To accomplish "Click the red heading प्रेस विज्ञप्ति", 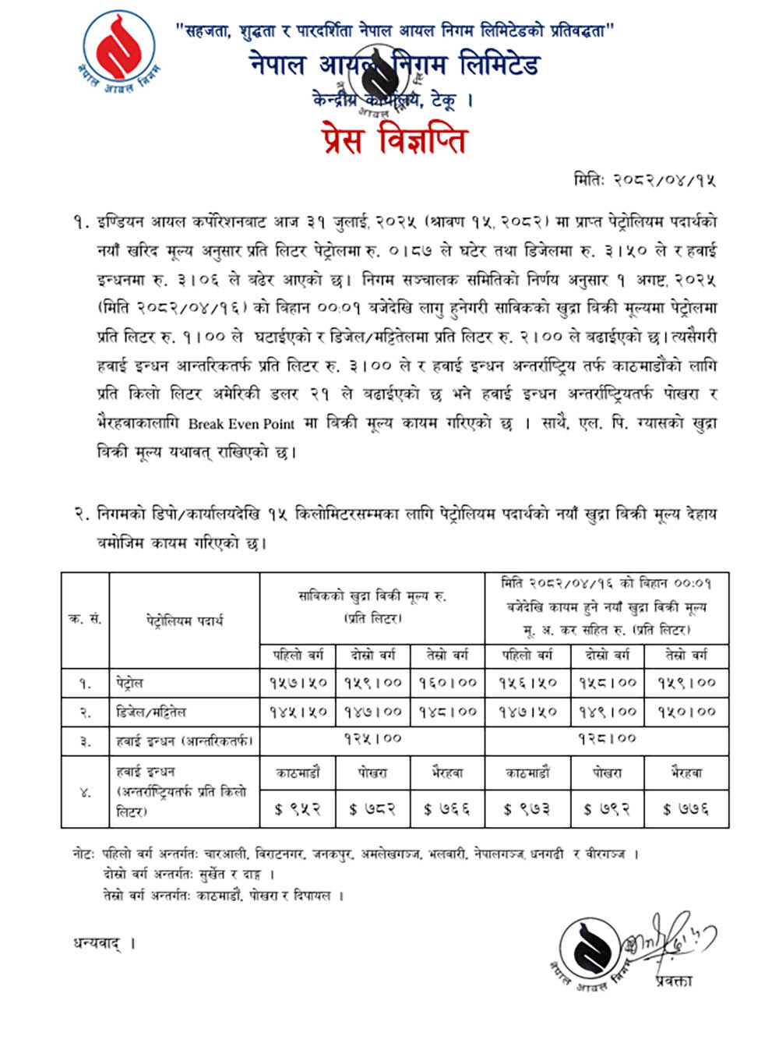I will click(x=393, y=140).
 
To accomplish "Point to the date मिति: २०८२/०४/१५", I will click(x=643, y=181).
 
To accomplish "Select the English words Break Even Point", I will click(x=241, y=424).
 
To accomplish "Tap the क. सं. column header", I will click(x=85, y=620).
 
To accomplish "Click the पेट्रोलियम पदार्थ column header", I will click(x=185, y=620).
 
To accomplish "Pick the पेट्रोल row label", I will click(x=129, y=684).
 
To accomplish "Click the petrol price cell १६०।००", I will click(x=447, y=683).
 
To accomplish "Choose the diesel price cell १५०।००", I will click(x=686, y=712).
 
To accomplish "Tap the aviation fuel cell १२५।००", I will click(x=372, y=738).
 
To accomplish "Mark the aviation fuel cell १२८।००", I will click(x=607, y=738).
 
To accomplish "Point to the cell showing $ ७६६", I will click(x=447, y=810).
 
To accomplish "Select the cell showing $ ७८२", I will click(x=372, y=810).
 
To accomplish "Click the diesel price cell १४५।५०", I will click(x=298, y=712).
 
